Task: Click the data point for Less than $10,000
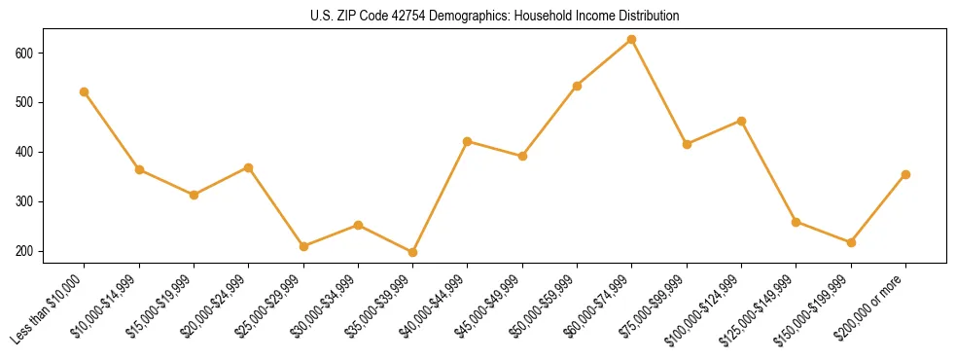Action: tap(85, 91)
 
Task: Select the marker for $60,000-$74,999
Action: tap(632, 39)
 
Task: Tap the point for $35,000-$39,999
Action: tap(412, 252)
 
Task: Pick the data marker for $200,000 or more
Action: tap(905, 175)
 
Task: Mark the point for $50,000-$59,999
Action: tap(577, 86)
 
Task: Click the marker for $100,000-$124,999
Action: tap(741, 121)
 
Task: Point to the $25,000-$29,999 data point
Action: tap(303, 246)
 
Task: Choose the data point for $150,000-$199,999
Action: tap(851, 242)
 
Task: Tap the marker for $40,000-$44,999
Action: tap(468, 141)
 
